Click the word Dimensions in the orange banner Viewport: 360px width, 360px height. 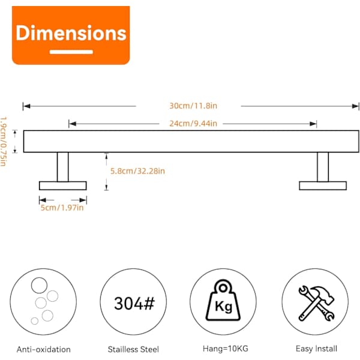coord(71,33)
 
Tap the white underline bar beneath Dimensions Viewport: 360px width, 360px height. coord(71,52)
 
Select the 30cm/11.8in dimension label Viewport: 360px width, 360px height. coord(193,106)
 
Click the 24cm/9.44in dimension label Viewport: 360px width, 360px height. coord(193,124)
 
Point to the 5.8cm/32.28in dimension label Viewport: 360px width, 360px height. coord(137,171)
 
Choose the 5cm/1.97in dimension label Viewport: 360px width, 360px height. coord(62,208)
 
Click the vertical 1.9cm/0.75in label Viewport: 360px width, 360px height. coord(4,142)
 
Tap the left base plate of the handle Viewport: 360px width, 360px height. coord(62,186)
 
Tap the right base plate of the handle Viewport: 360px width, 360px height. coord(323,186)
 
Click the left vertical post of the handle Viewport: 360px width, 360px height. coord(62,167)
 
